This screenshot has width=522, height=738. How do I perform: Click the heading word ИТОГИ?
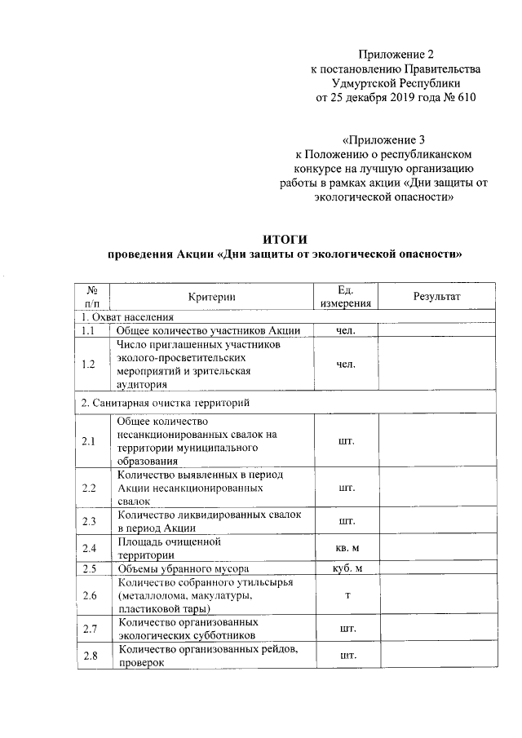pos(285,239)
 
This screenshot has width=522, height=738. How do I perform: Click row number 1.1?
pos(90,330)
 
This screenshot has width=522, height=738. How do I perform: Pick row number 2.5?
pos(90,568)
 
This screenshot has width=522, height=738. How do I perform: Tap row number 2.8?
pos(90,656)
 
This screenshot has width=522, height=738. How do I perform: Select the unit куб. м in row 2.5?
pos(346,568)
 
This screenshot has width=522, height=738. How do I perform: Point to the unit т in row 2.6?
pos(346,597)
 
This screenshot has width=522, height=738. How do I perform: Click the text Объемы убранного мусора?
pos(184,568)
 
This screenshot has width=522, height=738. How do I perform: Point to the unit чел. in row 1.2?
pos(346,364)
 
